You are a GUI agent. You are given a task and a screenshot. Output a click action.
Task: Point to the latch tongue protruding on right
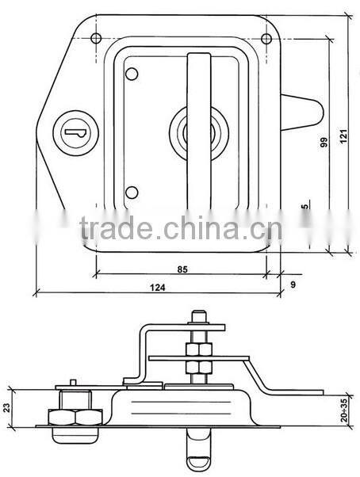coord(304,111)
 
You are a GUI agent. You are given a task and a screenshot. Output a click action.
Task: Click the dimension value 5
coord(306,208)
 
